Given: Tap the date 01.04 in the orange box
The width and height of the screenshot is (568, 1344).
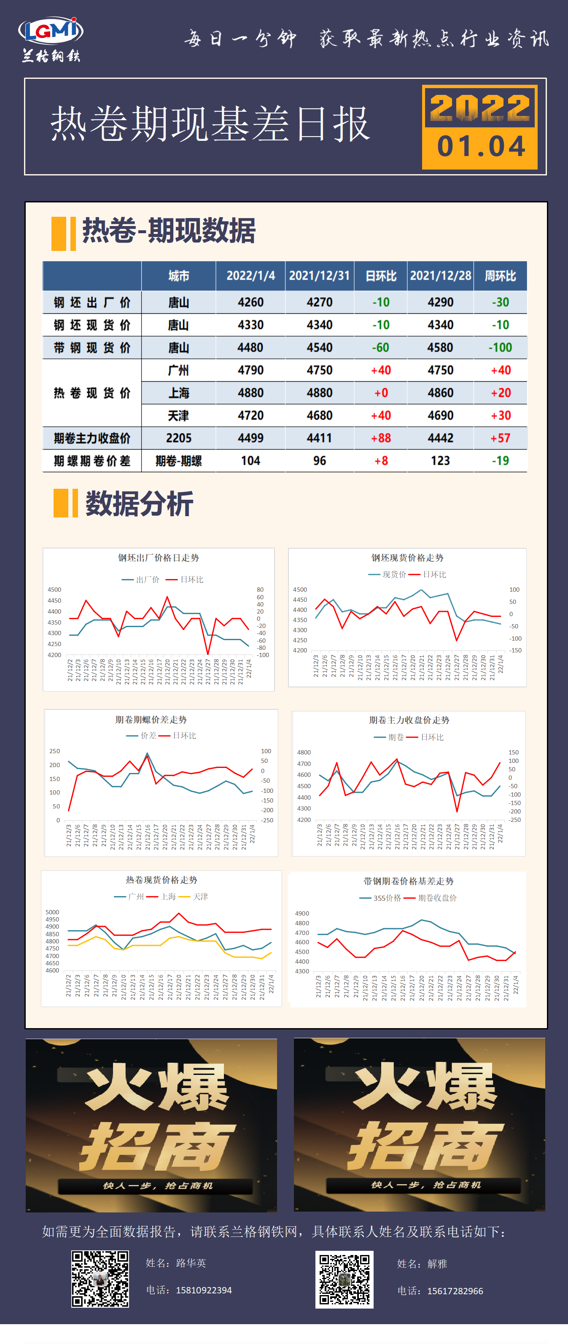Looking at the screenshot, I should (x=480, y=147).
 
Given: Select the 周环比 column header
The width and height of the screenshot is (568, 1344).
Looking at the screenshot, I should (x=500, y=276).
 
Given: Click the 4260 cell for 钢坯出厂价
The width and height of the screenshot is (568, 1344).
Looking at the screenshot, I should (x=250, y=302).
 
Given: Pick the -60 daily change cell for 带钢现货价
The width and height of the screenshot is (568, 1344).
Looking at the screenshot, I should (x=380, y=347).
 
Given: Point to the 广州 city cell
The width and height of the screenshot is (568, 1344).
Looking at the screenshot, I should (x=178, y=370).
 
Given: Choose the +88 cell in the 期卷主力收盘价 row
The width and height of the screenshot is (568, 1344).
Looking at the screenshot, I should (x=380, y=438).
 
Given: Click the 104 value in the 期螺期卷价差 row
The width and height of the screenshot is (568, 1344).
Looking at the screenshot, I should (x=250, y=461).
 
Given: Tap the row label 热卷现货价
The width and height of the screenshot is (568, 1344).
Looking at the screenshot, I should (x=92, y=393).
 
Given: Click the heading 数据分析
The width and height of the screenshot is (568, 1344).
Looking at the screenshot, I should (x=139, y=504).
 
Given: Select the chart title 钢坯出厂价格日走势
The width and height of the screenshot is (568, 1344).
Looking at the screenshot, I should (x=158, y=558).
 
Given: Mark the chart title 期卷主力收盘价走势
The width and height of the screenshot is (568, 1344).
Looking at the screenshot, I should (x=409, y=720).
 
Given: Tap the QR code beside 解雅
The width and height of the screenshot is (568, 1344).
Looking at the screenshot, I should (x=344, y=1279).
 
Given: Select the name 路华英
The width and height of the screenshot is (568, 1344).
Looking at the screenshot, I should (x=191, y=1263).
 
